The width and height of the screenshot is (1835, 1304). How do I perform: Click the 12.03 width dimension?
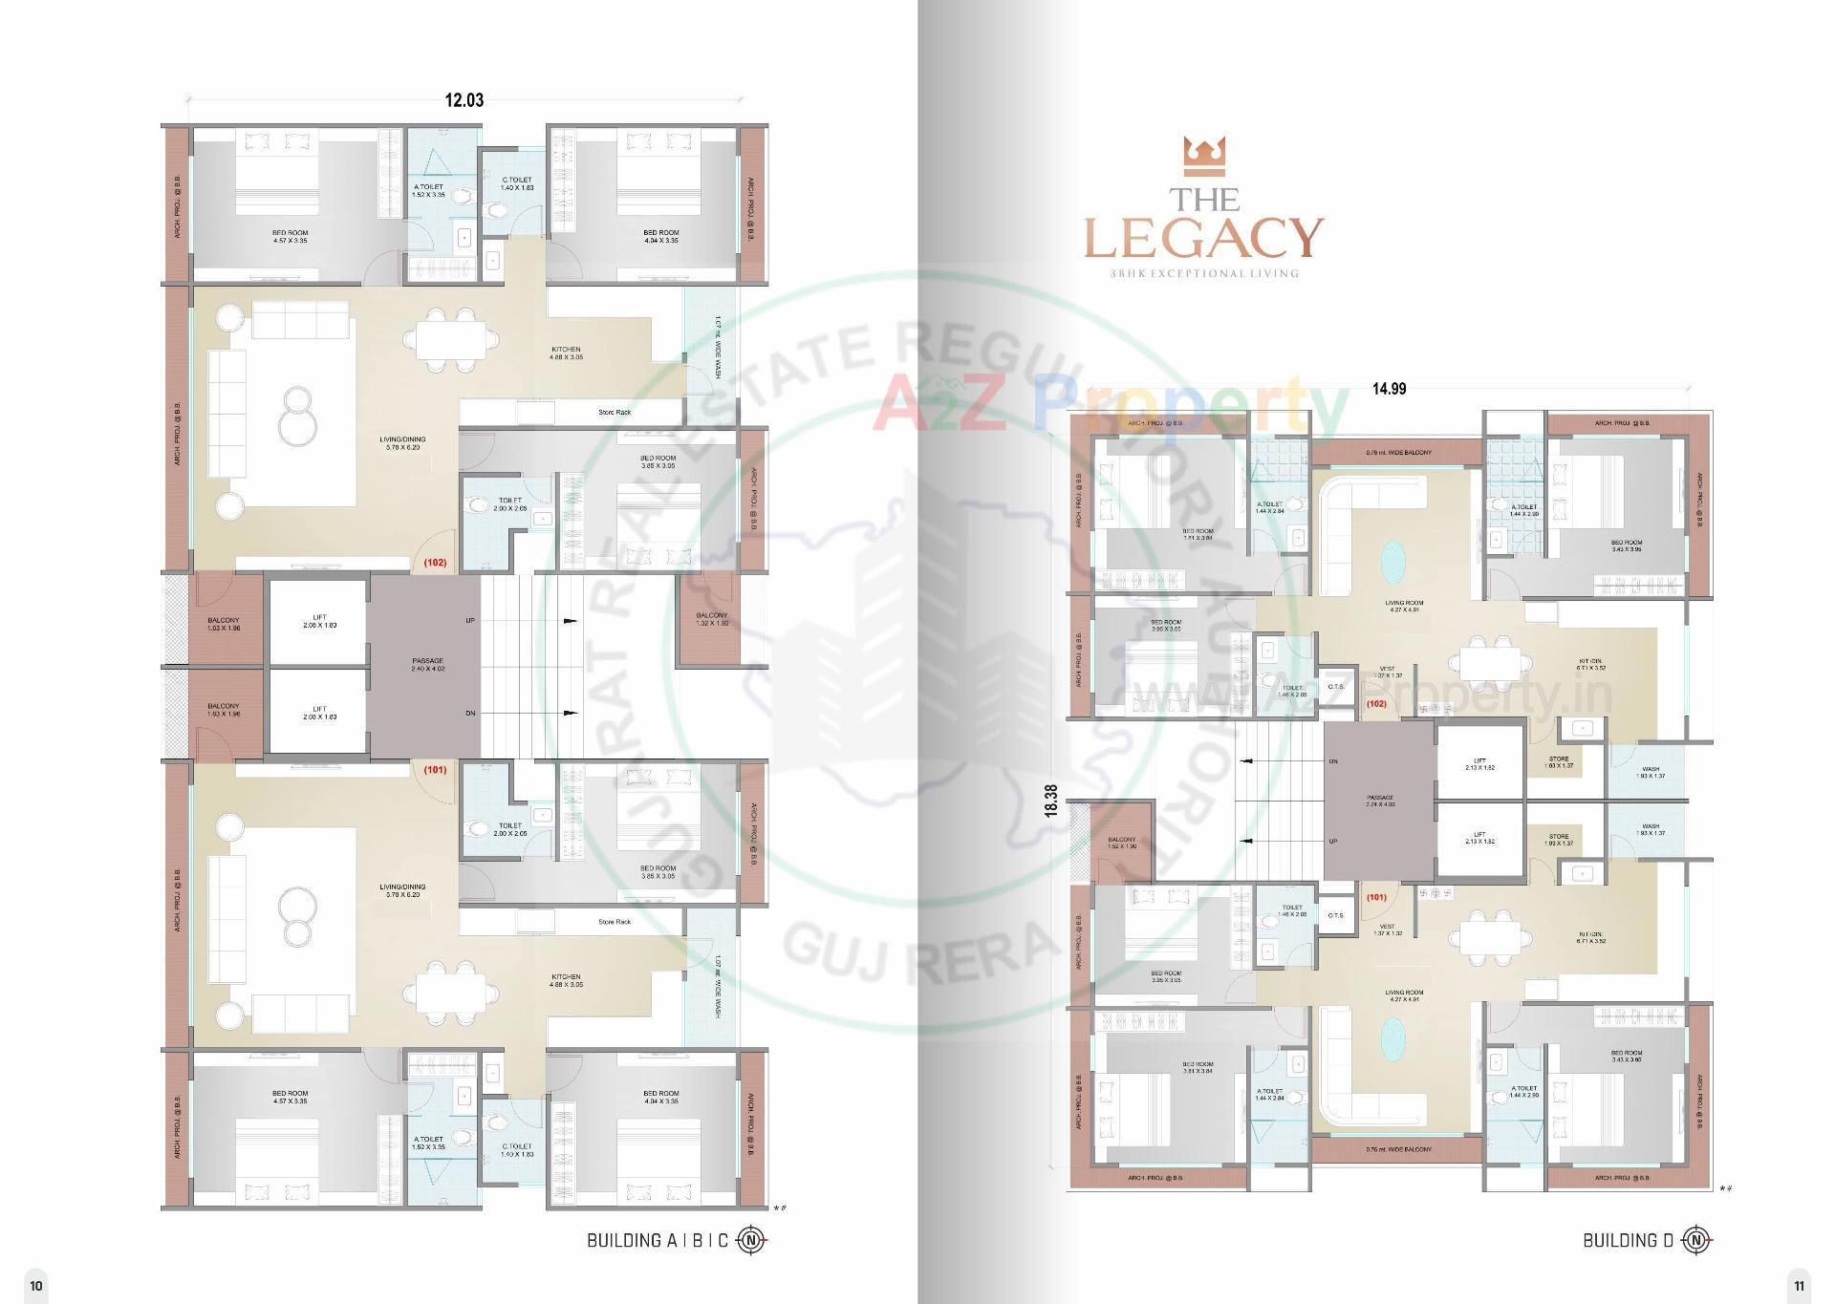(x=464, y=100)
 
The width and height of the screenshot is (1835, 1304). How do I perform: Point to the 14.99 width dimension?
(x=1389, y=389)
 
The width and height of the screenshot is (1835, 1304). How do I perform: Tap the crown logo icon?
(x=1204, y=156)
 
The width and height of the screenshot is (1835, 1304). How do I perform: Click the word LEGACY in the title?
(x=1204, y=238)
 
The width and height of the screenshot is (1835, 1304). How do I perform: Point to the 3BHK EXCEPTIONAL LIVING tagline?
(x=1204, y=273)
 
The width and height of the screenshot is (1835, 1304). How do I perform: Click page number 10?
(x=36, y=1285)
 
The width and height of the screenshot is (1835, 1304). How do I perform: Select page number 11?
(x=1799, y=1285)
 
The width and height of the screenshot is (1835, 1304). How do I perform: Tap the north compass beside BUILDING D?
(x=1696, y=1240)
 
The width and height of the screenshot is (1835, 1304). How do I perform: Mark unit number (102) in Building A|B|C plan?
(x=435, y=563)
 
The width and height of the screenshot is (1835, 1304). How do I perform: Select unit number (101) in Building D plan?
(x=1376, y=897)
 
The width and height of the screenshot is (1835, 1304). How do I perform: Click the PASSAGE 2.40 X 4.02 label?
(x=427, y=665)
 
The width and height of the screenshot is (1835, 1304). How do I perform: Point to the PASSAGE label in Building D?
(x=1380, y=801)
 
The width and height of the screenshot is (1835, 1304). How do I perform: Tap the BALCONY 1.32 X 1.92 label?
(x=712, y=619)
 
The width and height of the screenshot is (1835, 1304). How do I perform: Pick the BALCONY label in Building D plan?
(x=1122, y=843)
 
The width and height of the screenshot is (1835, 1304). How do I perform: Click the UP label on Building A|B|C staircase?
(x=470, y=621)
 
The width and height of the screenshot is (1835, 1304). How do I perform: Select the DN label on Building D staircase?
(x=1333, y=761)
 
